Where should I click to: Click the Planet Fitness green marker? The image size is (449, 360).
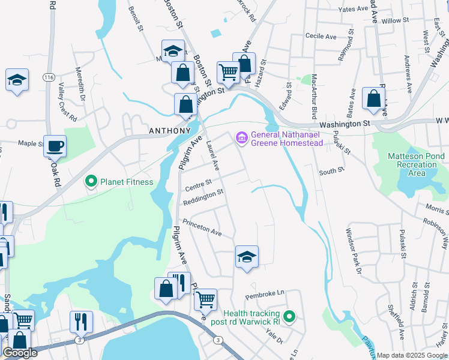tap(91, 182)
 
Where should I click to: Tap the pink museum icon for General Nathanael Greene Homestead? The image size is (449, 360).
tap(242, 138)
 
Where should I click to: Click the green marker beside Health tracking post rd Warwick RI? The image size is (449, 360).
tap(289, 316)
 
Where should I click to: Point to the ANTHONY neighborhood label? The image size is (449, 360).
tap(170, 130)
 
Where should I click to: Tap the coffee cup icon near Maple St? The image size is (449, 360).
tap(55, 146)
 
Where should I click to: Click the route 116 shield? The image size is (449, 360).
tap(49, 78)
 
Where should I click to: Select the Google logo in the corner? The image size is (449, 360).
tap(20, 353)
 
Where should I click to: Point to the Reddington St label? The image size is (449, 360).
tap(203, 196)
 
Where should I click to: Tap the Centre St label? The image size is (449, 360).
tap(199, 182)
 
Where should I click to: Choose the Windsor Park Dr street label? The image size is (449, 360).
tap(352, 251)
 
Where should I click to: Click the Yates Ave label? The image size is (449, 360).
tap(352, 10)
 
